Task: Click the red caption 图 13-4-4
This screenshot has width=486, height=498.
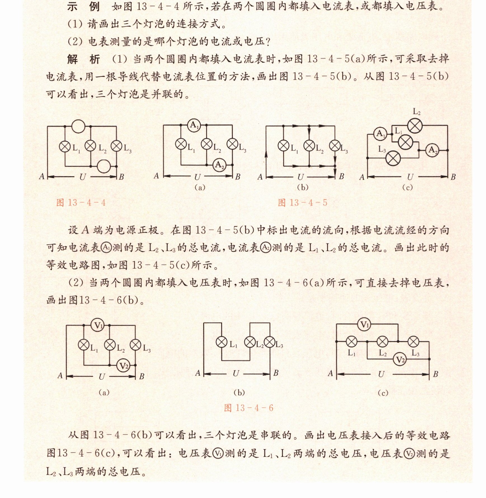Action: (81, 203)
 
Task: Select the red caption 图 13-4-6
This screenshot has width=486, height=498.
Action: (248, 408)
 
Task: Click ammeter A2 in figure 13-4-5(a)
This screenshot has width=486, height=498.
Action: (219, 165)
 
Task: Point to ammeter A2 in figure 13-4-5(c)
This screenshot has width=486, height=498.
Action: (432, 150)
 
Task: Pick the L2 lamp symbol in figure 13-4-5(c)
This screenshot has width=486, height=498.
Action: (415, 126)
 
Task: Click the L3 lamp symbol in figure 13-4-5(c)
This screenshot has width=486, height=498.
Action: (393, 158)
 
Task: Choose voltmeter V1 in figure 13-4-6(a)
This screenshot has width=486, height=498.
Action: (98, 325)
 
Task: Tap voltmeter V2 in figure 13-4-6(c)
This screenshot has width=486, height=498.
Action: (400, 359)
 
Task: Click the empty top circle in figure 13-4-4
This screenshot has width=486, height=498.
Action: (78, 126)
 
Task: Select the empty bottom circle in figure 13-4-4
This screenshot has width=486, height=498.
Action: (104, 166)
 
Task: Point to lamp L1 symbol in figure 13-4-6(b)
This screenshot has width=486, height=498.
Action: (222, 342)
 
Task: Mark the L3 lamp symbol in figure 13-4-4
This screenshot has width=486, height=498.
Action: (116, 146)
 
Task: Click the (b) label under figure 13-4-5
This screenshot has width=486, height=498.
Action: (303, 187)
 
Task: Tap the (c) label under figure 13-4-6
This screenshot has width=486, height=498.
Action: (383, 393)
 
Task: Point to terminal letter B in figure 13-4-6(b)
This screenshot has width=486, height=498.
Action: (276, 373)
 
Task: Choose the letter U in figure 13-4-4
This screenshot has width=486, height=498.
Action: (82, 177)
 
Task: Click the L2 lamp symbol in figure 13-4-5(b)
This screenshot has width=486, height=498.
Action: (309, 146)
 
